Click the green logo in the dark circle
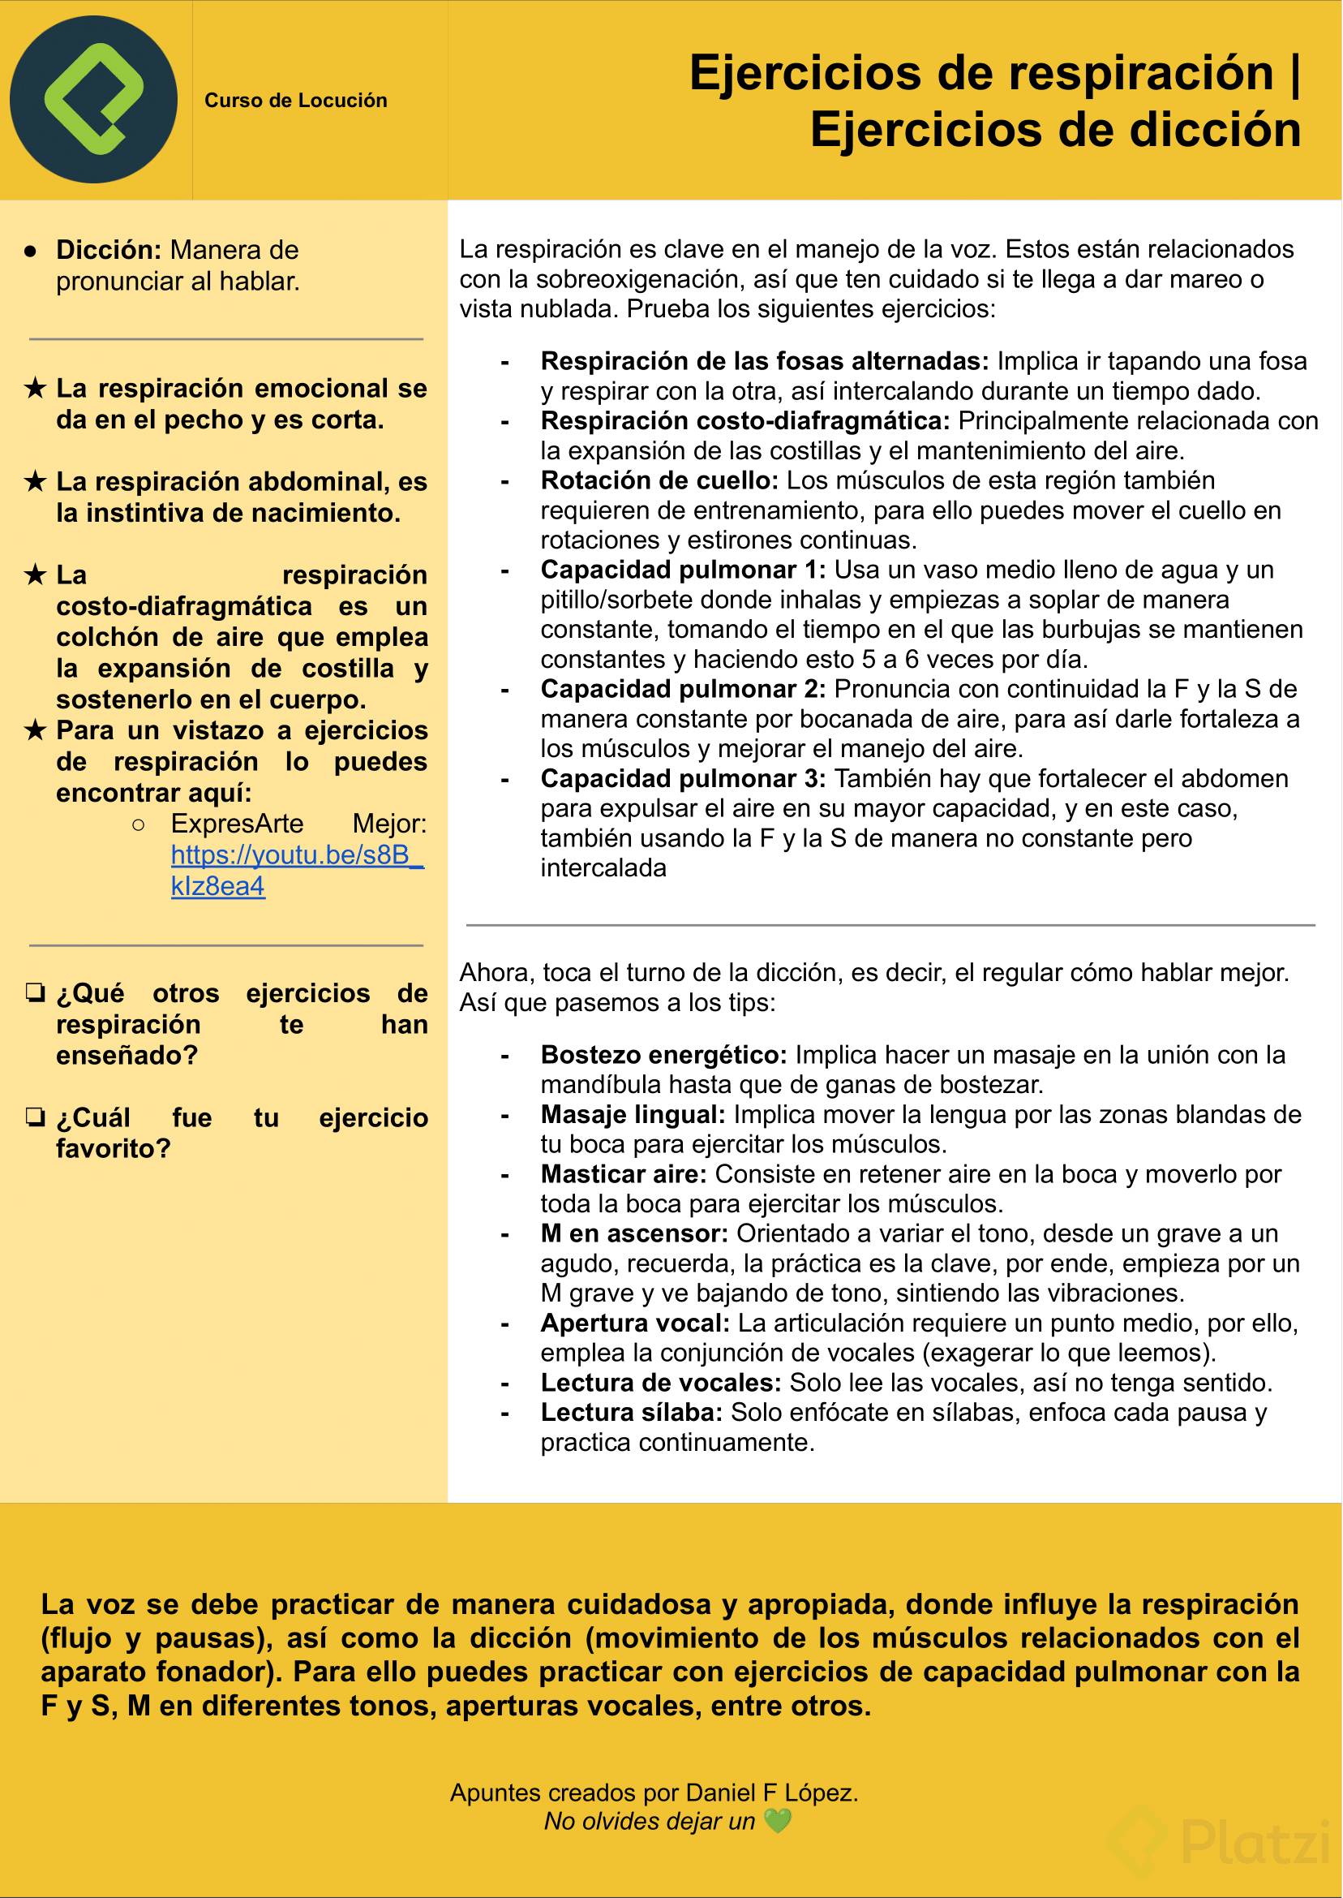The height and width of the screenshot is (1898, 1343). point(93,99)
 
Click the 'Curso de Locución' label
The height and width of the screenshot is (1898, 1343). point(295,101)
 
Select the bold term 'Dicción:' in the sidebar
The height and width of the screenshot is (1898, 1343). point(109,250)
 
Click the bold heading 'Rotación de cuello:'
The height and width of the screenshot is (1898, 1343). point(659,480)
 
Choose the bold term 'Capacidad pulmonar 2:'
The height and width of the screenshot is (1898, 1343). point(683,689)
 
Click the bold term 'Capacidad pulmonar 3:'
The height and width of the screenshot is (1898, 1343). point(683,778)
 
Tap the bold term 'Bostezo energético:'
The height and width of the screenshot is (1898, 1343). point(663,1055)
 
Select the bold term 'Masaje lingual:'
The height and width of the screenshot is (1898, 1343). point(633,1114)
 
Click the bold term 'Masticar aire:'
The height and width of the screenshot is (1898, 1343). point(624,1174)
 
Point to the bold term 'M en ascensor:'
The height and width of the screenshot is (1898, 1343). point(634,1233)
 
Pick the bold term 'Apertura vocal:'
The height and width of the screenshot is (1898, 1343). point(635,1323)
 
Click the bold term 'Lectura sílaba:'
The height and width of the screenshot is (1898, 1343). point(632,1412)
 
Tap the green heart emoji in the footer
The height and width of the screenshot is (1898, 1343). point(778,1821)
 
